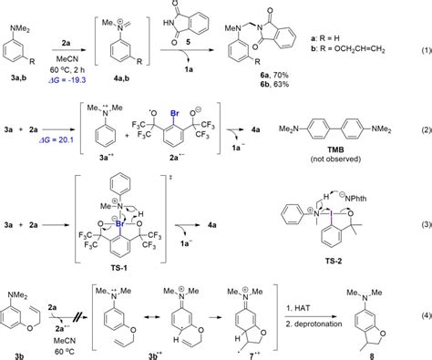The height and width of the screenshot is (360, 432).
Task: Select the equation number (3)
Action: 422,222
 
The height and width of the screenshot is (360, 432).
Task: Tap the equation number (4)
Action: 422,316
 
